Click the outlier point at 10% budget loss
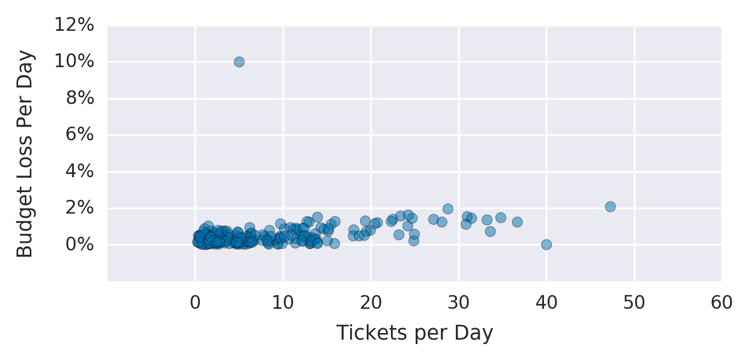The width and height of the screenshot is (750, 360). (x=239, y=62)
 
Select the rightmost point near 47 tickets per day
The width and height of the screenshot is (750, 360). (x=610, y=206)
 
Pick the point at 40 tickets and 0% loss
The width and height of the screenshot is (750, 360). (x=546, y=244)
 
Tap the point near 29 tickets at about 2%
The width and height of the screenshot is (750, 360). (x=448, y=209)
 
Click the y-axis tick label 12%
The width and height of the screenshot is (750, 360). (x=74, y=25)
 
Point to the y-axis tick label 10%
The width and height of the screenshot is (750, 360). (x=74, y=62)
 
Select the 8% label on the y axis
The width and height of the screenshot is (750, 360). (x=80, y=99)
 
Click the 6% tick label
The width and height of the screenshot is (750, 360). (x=80, y=135)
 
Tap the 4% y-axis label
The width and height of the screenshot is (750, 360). (x=80, y=171)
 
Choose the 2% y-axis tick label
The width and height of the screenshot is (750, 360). (x=80, y=208)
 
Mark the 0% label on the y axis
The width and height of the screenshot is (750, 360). (x=80, y=244)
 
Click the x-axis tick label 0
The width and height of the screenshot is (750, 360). (x=195, y=303)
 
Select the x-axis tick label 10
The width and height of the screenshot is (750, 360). (x=283, y=303)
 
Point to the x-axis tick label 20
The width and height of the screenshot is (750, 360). (x=371, y=303)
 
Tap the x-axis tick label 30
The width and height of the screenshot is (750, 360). (x=458, y=303)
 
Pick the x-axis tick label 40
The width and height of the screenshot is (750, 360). (x=546, y=303)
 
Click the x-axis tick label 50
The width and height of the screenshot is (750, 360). (x=634, y=303)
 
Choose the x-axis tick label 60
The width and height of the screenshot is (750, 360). (x=722, y=303)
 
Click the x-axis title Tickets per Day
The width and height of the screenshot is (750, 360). (x=415, y=333)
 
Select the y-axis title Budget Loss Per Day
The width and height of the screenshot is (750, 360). (x=25, y=154)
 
